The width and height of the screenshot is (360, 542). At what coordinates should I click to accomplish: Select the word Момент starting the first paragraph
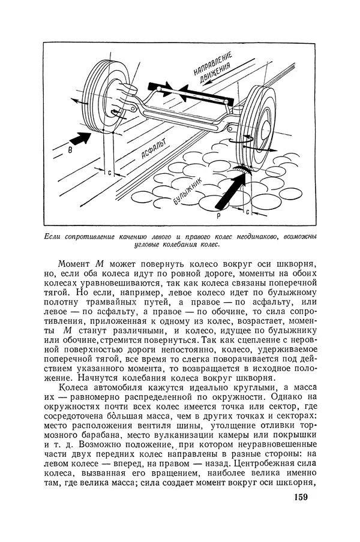coord(75,265)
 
